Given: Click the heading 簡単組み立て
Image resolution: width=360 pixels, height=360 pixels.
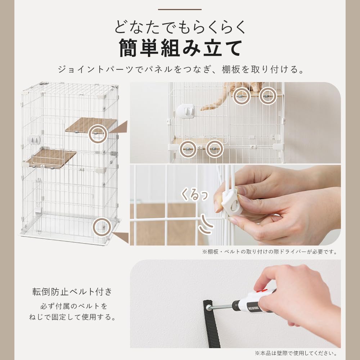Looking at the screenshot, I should tap(180, 48).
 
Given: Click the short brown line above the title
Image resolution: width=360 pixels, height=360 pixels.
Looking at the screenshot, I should tap(180, 9).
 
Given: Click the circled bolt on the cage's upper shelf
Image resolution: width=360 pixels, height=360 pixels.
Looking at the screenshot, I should tap(98, 134).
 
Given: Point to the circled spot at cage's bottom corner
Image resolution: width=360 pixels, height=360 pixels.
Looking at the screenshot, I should tap(101, 226).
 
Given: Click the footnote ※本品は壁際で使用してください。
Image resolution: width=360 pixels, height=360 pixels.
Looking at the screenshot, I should tap(296, 353).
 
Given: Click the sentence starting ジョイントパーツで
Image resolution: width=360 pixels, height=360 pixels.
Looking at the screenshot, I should tap(180, 69).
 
